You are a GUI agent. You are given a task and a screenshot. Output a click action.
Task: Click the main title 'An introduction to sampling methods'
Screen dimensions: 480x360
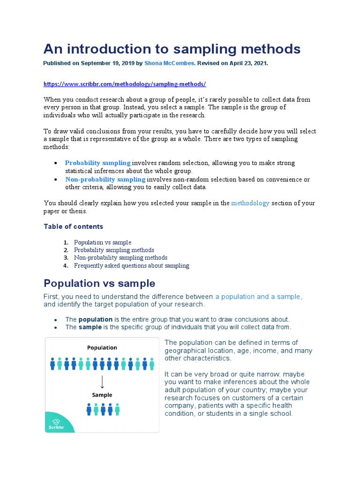pyautogui.click(x=172, y=49)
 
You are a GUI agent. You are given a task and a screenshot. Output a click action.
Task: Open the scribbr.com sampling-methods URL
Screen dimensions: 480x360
pyautogui.click(x=125, y=84)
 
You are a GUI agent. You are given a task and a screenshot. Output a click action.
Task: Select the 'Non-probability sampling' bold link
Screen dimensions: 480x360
pyautogui.click(x=105, y=180)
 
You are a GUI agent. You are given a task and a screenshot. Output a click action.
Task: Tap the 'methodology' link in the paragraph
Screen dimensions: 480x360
pyautogui.click(x=250, y=203)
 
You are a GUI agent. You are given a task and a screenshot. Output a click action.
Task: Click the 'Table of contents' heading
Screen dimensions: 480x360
pyautogui.click(x=74, y=227)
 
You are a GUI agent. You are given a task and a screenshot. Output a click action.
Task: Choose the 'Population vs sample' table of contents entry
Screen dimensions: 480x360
pyautogui.click(x=103, y=243)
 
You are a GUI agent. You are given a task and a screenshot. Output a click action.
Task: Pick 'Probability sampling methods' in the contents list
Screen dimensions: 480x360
pyautogui.click(x=114, y=250)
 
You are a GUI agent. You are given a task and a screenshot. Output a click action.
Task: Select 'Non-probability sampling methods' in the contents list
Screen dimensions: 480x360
pyautogui.click(x=120, y=258)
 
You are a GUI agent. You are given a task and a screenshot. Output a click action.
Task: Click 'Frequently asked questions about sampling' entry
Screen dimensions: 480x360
pyautogui.click(x=132, y=266)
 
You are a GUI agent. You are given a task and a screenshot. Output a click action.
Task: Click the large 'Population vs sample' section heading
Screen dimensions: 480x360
pyautogui.click(x=99, y=284)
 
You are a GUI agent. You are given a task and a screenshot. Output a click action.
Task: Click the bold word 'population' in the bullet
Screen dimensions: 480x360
pyautogui.click(x=95, y=320)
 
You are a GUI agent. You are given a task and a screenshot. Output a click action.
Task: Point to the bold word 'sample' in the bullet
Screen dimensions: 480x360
pyautogui.click(x=90, y=327)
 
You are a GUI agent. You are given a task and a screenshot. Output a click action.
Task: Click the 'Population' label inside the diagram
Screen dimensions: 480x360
pyautogui.click(x=102, y=348)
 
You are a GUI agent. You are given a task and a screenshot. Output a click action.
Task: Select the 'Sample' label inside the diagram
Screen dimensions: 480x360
pyautogui.click(x=102, y=395)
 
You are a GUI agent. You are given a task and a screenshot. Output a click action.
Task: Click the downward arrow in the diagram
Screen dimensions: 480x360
pyautogui.click(x=102, y=382)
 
